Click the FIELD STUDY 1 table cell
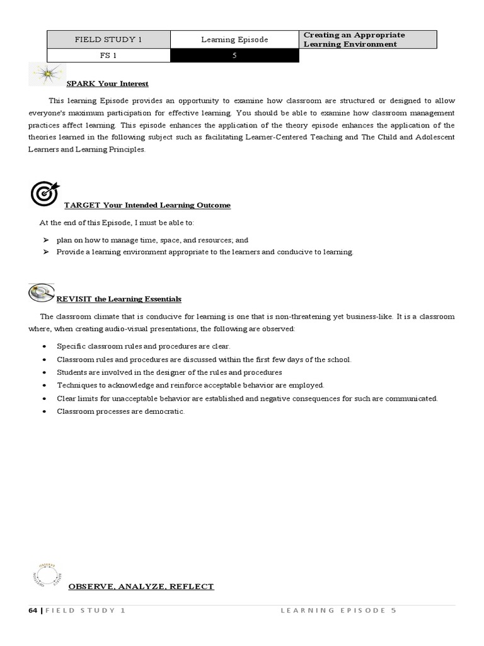tap(109, 39)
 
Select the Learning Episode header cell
tap(234, 39)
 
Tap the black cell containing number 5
tap(234, 56)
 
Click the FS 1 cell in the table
tap(109, 56)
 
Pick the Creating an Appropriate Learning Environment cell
tap(368, 39)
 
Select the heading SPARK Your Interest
tap(107, 84)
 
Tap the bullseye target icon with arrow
tap(44, 193)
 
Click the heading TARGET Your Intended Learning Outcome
tap(147, 205)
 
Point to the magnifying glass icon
tap(41, 292)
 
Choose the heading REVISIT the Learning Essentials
tap(118, 298)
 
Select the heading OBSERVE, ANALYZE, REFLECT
tap(141, 586)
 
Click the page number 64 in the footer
tap(33, 611)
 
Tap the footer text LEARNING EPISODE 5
tap(338, 611)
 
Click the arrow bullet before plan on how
tap(46, 240)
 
